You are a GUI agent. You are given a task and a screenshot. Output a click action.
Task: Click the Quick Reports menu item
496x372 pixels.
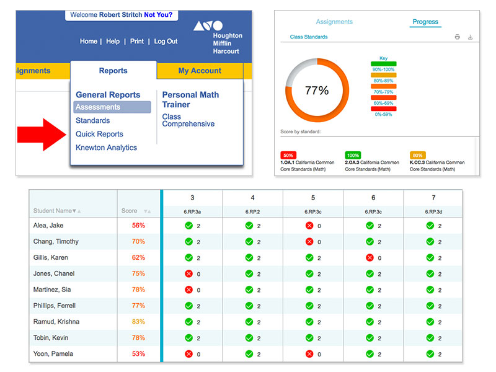99,134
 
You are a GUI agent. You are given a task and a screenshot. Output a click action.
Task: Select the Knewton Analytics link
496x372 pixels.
106,148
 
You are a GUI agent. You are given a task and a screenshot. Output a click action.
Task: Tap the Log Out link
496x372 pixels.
166,42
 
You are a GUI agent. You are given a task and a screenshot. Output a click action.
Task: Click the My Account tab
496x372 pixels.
200,71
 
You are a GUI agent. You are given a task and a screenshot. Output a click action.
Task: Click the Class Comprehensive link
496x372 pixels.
188,120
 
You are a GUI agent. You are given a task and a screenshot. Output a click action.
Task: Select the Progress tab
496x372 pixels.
425,22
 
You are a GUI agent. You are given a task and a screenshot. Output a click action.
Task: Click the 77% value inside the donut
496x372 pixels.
317,91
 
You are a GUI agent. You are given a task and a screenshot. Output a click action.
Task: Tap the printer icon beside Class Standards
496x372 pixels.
458,37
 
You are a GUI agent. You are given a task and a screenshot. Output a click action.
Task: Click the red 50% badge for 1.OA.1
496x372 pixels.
288,155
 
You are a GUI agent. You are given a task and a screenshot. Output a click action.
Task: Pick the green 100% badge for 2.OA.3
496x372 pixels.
353,155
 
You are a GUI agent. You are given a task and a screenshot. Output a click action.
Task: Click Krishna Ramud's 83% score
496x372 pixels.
138,322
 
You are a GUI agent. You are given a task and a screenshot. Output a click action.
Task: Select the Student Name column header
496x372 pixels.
54,211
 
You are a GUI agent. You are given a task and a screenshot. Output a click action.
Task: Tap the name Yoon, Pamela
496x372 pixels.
53,354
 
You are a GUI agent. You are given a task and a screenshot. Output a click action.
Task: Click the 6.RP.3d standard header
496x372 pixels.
434,211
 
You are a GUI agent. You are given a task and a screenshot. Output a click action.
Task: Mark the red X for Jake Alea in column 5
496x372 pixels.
309,226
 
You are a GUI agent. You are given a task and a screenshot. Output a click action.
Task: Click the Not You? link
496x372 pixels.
158,14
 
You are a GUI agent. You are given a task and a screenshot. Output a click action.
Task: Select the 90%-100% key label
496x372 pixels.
383,69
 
